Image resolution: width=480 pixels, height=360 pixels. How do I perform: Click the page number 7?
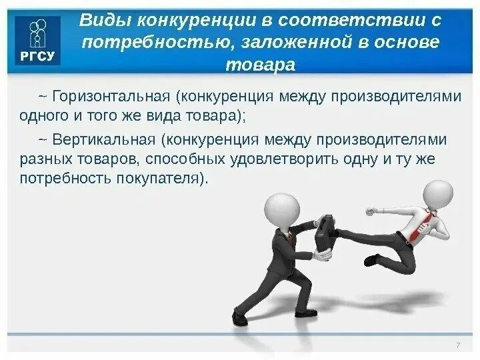coord(457,345)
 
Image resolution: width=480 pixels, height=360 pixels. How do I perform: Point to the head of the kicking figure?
coord(437,194)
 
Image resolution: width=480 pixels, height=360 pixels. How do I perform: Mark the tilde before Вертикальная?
coord(43,140)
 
